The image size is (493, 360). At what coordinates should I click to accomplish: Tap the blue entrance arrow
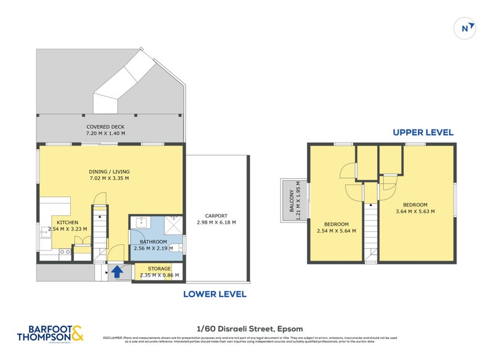tap(115, 271)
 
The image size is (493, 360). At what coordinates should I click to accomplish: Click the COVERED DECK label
tap(105, 126)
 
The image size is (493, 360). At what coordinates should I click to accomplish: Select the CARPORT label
tap(216, 216)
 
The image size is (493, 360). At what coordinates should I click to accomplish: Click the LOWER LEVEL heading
tap(214, 294)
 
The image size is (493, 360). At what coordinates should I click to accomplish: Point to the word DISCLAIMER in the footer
tap(113, 338)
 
